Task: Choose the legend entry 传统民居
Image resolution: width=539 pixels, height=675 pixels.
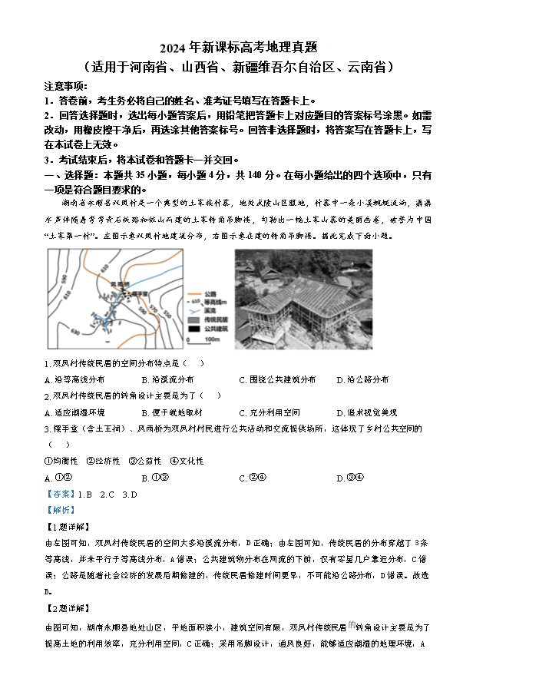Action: (216, 319)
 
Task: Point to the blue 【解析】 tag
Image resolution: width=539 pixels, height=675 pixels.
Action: (61, 510)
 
